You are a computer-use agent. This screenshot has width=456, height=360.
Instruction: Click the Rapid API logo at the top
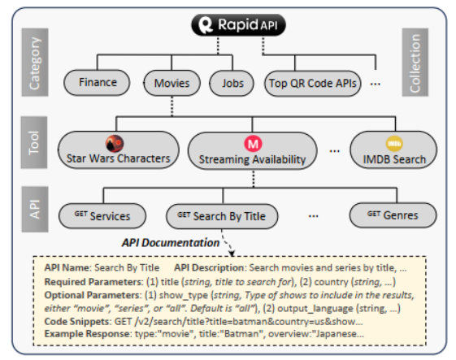(x=228, y=25)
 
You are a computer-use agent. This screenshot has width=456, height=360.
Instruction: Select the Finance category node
(x=98, y=82)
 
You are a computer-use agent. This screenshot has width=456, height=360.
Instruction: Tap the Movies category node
(x=172, y=83)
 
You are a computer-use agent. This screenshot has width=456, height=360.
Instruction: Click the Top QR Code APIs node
(x=313, y=83)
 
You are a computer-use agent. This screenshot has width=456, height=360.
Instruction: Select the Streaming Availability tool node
(x=253, y=152)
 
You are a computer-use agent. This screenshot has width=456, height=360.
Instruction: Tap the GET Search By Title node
(x=221, y=216)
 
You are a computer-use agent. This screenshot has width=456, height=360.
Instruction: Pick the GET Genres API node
(x=388, y=215)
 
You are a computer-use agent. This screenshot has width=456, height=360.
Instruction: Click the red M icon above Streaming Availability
(x=253, y=143)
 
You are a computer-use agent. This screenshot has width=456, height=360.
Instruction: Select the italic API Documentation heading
(x=171, y=241)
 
